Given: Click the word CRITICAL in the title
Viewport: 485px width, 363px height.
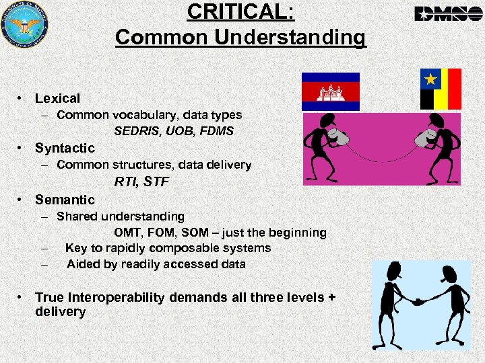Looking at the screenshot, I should click(x=240, y=12).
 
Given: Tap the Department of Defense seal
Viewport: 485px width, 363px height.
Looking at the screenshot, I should click(x=25, y=26).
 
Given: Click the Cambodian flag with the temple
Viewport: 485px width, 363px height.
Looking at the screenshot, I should click(x=331, y=91).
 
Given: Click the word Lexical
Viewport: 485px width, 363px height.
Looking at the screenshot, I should click(x=57, y=99).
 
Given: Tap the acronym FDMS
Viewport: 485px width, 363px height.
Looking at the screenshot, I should click(x=216, y=131).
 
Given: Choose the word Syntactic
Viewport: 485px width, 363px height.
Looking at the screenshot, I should click(x=65, y=148).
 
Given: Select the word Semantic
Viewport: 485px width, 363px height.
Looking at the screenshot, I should click(x=65, y=200).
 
